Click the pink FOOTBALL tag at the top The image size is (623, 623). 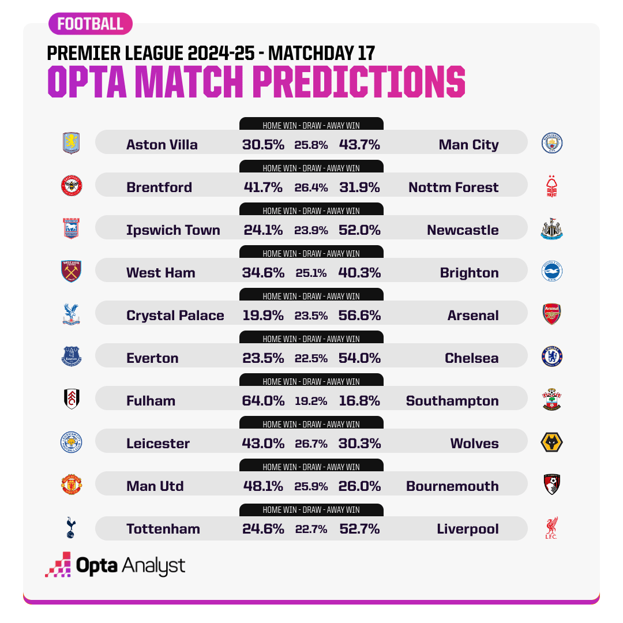click(x=91, y=24)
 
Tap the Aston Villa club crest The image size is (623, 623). click(x=72, y=142)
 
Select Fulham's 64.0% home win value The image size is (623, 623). click(x=263, y=401)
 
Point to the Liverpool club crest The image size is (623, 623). click(x=551, y=528)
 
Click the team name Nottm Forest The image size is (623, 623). click(x=453, y=187)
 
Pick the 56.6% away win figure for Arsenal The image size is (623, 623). click(x=359, y=316)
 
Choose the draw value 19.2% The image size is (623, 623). click(x=311, y=401)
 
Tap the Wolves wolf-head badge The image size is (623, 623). click(x=551, y=443)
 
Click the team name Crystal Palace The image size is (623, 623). click(x=175, y=316)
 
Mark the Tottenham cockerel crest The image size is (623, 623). click(x=71, y=528)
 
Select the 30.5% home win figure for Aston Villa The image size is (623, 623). click(x=263, y=145)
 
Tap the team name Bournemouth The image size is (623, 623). click(x=452, y=486)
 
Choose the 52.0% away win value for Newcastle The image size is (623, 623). click(x=359, y=230)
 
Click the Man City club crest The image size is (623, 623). click(x=551, y=142)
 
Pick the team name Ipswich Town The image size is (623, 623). click(x=173, y=230)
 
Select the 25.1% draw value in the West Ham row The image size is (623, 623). click(x=311, y=273)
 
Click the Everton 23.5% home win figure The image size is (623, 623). click(x=263, y=358)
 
